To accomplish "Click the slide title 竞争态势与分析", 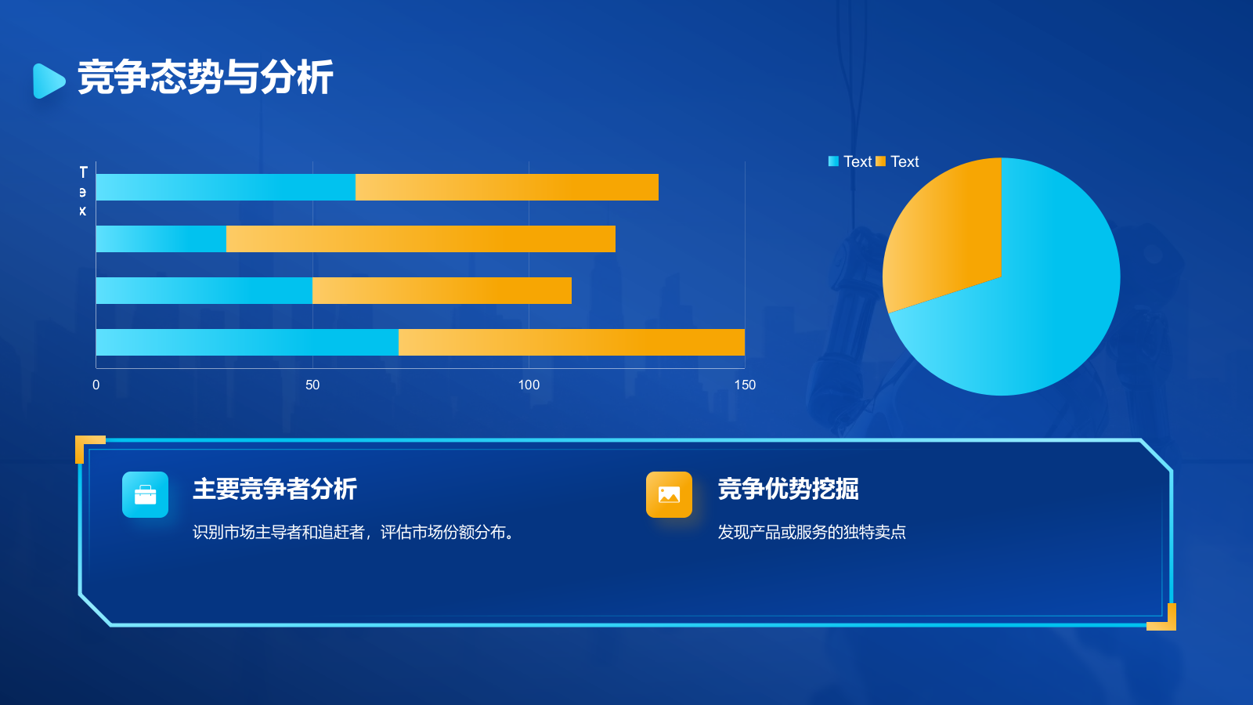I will (x=205, y=78).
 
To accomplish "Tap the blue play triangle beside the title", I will (x=48, y=81).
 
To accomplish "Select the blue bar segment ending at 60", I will (x=226, y=187).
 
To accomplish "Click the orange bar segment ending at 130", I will (x=507, y=187).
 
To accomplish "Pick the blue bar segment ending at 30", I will (x=161, y=239).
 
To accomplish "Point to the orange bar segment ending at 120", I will (x=421, y=239).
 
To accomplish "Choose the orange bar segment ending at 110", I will (x=442, y=291).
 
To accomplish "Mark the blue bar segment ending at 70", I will (x=247, y=342).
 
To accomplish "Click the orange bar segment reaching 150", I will (x=572, y=342).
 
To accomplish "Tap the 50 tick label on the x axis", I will (x=312, y=385).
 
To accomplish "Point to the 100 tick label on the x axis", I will (x=529, y=385).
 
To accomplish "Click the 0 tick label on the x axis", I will (x=96, y=385).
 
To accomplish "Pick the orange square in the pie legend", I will (x=880, y=161).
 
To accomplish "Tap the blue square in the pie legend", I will (x=833, y=161).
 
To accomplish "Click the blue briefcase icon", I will (x=145, y=494).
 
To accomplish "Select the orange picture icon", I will (x=669, y=494).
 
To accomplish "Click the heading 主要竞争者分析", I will (x=275, y=489).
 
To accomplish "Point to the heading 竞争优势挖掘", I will (x=788, y=489).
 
